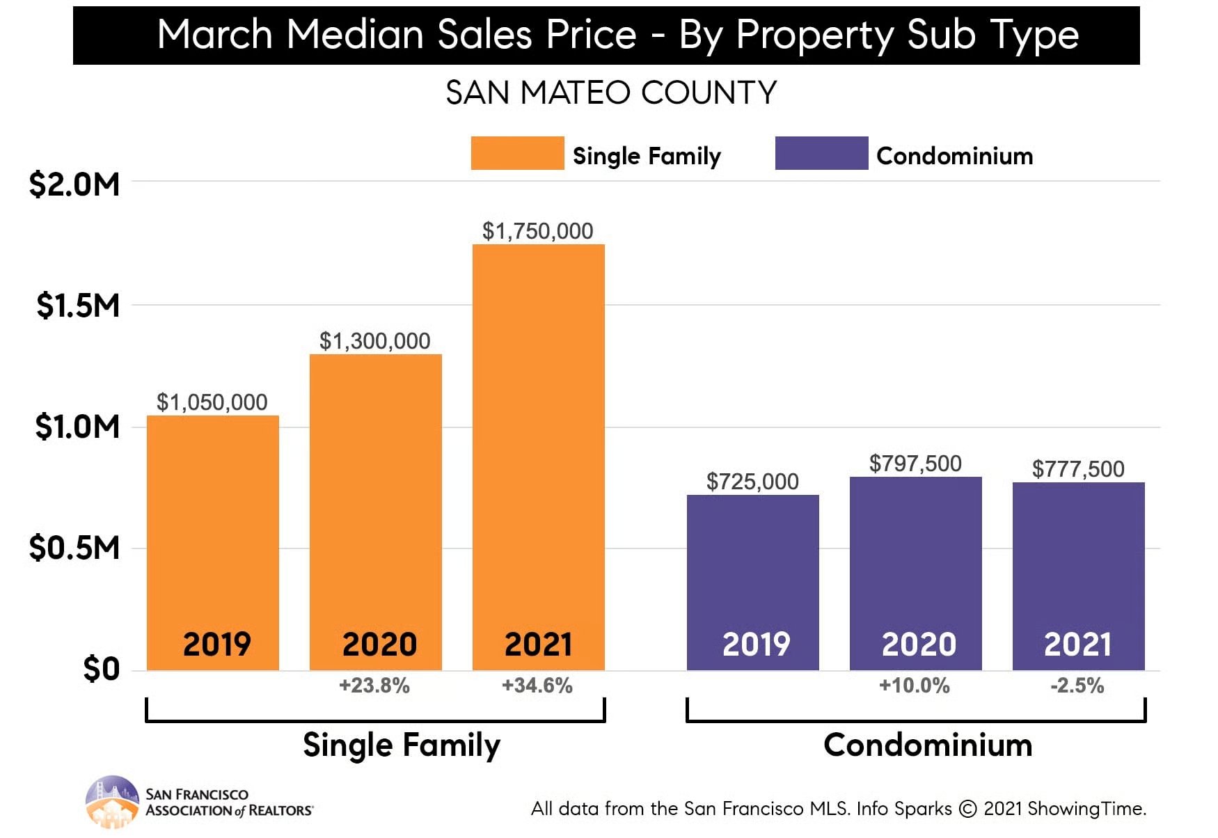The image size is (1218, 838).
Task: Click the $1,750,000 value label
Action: coord(537,231)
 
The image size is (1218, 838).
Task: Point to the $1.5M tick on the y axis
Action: coord(77,306)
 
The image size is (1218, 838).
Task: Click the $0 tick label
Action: coord(101,669)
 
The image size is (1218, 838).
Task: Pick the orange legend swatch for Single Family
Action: coord(517,153)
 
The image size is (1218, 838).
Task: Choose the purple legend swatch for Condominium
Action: coord(821,153)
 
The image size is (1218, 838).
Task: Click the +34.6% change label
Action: coord(537,686)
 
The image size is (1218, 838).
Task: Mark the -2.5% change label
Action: coord(1077,686)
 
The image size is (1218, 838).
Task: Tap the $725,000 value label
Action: coord(752,482)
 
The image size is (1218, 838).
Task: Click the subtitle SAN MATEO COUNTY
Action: coord(611,93)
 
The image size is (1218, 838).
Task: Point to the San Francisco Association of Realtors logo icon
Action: coord(111,801)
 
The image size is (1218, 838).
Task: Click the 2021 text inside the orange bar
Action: coord(538,644)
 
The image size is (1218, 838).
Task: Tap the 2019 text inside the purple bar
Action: coord(756,644)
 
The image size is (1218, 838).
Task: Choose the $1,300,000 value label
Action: coord(374,341)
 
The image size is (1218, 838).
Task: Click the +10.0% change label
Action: coord(914,686)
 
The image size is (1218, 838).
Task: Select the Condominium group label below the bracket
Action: coord(927,745)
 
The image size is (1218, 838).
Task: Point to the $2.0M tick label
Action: coord(74,184)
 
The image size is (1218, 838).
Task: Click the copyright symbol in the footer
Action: coord(967,809)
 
